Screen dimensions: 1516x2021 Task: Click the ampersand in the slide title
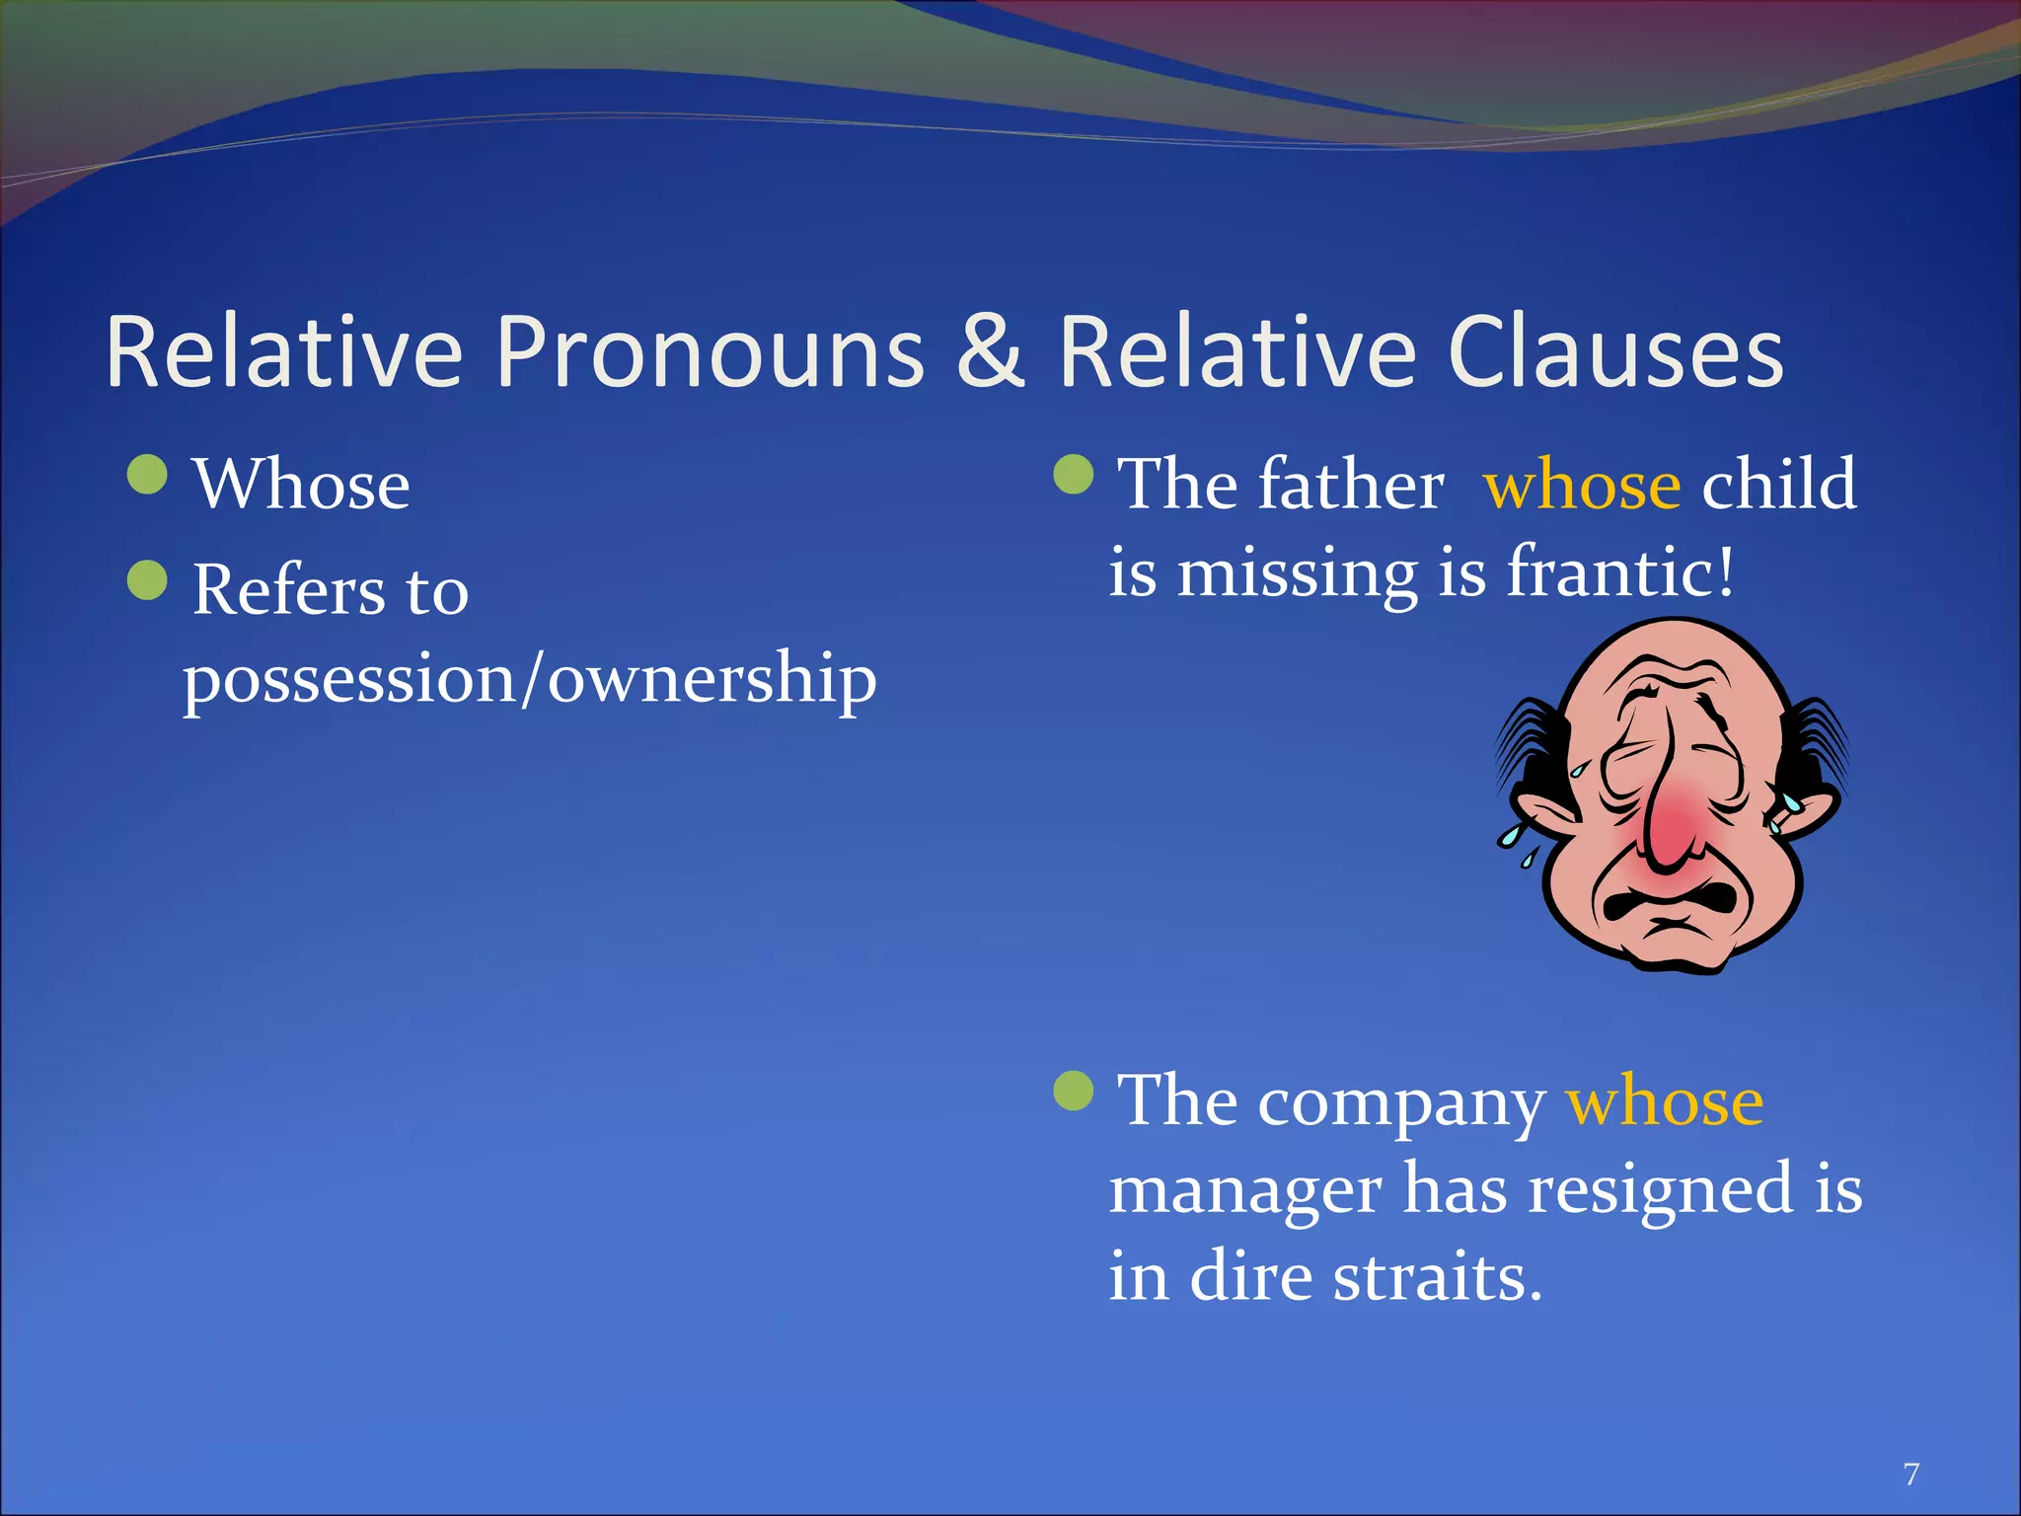(991, 352)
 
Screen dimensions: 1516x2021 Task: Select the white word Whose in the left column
(302, 485)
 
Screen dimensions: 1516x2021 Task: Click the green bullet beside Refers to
(148, 580)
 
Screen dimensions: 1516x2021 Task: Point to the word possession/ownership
(530, 679)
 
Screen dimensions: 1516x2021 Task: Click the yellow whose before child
(1582, 485)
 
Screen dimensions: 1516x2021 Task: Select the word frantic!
(1620, 572)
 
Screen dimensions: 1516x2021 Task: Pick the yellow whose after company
(1665, 1100)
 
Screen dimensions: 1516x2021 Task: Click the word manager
(1244, 1189)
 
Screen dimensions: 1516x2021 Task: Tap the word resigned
(1660, 1189)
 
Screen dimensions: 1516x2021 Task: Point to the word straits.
(1438, 1276)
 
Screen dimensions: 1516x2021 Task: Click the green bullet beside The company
(1074, 1091)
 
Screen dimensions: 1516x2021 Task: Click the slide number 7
(1911, 1475)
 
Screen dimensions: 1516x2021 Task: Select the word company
(1401, 1102)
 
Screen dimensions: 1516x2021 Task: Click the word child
(1779, 485)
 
